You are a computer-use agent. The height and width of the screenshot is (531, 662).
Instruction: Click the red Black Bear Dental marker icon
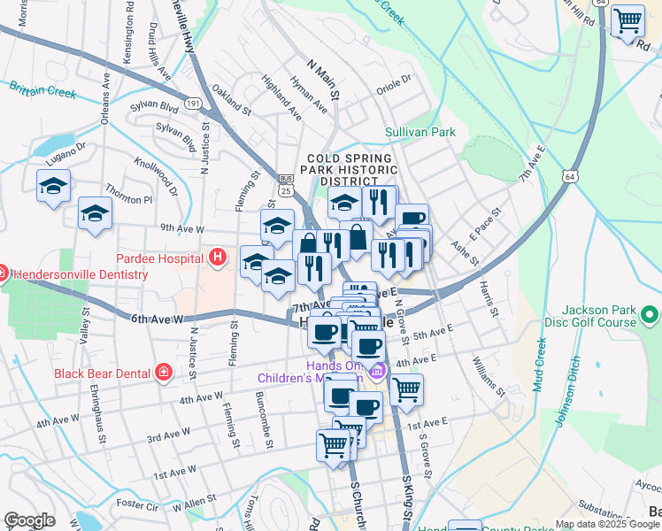tap(163, 372)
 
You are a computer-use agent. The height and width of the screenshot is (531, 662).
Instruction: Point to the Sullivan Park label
tap(420, 133)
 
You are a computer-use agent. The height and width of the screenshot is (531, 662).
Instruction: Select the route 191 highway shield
tap(192, 104)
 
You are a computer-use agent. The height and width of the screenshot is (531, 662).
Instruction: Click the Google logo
tap(29, 520)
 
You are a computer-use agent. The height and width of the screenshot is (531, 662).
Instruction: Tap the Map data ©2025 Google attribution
tap(607, 524)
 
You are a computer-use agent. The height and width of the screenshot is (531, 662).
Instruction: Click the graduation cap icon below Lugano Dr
tap(53, 186)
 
